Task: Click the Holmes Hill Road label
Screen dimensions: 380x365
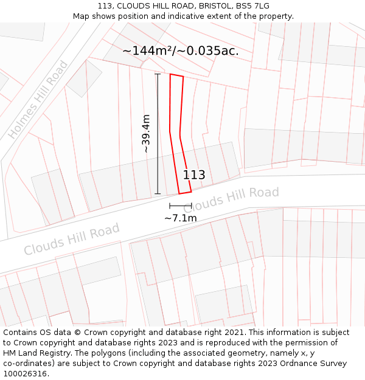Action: click(x=38, y=100)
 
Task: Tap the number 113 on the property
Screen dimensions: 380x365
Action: click(x=194, y=175)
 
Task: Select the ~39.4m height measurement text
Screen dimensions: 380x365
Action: click(x=146, y=133)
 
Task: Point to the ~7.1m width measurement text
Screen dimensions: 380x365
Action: click(x=181, y=218)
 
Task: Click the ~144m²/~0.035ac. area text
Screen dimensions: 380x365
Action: click(x=181, y=51)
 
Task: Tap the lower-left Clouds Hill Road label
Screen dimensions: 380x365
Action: click(x=72, y=240)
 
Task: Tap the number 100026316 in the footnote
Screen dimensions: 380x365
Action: click(x=24, y=373)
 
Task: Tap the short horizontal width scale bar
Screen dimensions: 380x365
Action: click(x=180, y=206)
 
